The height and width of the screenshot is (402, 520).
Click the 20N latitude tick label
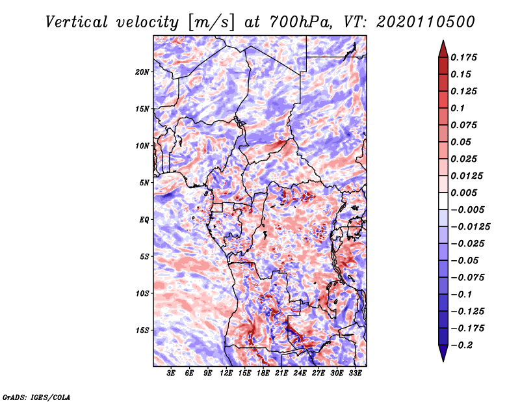[142, 72]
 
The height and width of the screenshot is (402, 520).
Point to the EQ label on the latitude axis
[144, 220]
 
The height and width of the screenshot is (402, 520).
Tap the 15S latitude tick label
[142, 330]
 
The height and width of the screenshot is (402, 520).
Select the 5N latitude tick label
[144, 183]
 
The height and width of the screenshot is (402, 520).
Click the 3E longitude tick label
[171, 373]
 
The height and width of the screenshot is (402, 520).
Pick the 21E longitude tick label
[281, 373]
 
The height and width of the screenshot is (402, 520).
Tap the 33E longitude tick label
[355, 373]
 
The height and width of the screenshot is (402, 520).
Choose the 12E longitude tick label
[226, 373]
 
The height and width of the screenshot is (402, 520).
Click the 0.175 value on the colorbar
[463, 57]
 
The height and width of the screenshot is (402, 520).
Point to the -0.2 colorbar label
[461, 345]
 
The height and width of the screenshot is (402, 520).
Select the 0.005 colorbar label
[463, 193]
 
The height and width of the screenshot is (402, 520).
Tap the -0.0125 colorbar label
[470, 227]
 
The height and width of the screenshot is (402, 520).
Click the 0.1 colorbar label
[458, 108]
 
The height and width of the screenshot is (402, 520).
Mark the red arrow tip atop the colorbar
[443, 40]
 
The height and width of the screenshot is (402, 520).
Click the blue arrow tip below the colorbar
[443, 361]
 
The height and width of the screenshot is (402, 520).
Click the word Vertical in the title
[76, 22]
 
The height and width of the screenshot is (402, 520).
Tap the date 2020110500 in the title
[426, 22]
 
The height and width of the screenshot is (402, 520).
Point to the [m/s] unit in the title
[211, 23]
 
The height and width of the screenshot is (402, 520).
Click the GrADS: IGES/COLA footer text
[36, 397]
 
